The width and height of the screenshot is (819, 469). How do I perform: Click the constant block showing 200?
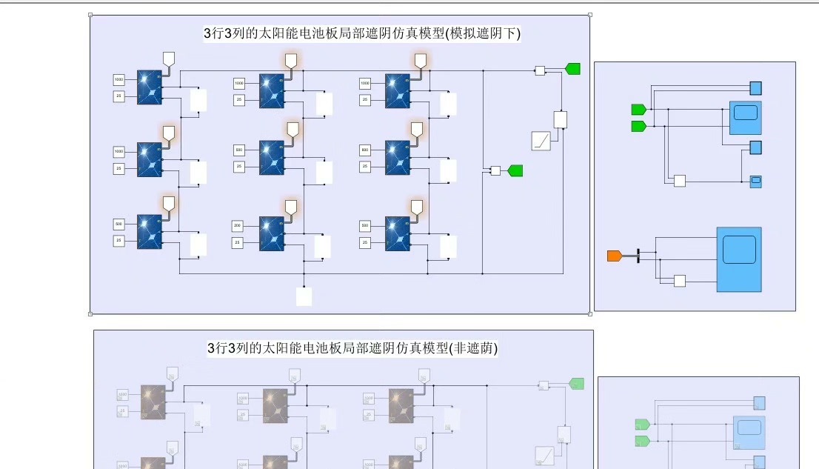point(238,224)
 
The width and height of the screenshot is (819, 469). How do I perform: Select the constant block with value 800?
point(365,150)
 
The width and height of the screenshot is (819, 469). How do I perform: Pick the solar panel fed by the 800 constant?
point(398,157)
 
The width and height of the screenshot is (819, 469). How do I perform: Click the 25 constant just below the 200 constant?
point(238,242)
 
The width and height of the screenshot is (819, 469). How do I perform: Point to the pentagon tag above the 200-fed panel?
point(292,207)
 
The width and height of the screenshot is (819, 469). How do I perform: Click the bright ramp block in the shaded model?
point(541,141)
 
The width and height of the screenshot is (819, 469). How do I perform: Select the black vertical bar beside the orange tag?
point(638,256)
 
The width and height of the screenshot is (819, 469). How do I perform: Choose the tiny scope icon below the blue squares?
point(755,181)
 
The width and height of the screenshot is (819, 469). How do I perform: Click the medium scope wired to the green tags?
point(745,116)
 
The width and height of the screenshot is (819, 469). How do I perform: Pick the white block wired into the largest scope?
point(679,280)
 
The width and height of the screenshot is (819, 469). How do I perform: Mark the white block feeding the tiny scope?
point(679,181)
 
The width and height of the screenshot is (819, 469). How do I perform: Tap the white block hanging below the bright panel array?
point(304,296)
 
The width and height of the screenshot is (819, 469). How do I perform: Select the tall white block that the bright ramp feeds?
point(561,119)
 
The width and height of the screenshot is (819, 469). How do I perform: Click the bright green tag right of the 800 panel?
point(515,170)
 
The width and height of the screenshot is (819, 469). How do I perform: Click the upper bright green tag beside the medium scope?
point(638,110)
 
